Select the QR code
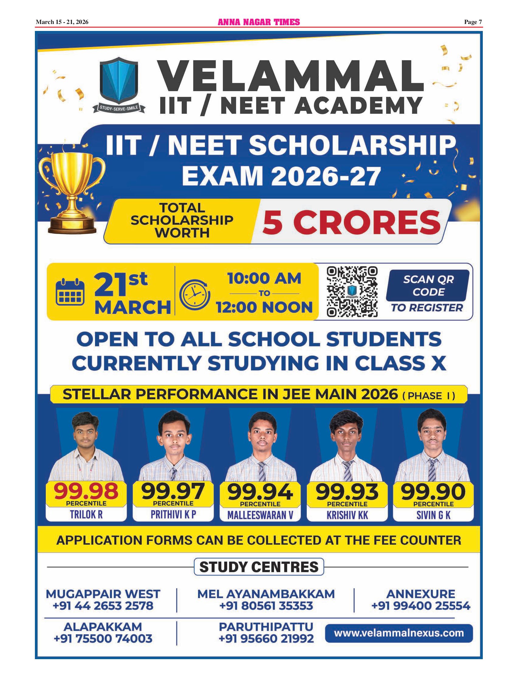(x=352, y=292)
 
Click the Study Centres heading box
(x=259, y=567)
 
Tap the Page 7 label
(x=473, y=22)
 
